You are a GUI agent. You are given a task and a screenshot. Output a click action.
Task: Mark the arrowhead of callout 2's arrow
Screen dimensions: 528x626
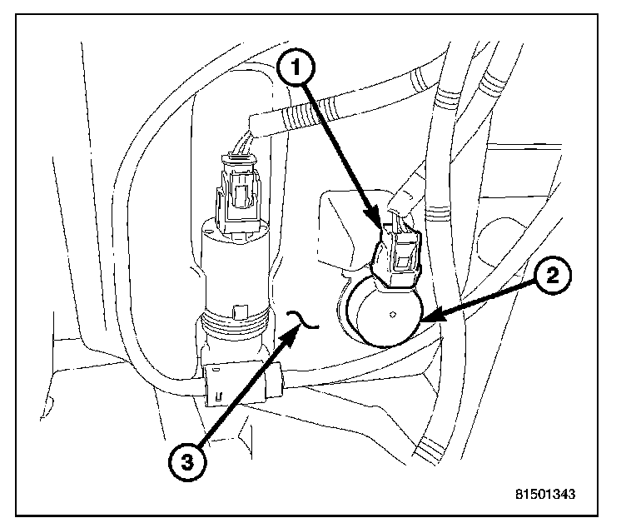pos(422,319)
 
